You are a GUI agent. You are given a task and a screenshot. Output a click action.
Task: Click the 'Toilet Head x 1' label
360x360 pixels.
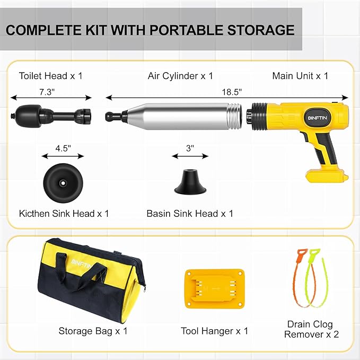pos(51,76)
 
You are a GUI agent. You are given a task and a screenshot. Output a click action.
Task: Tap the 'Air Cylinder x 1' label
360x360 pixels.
pos(180,76)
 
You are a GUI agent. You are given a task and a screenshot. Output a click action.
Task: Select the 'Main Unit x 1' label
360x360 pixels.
pos(300,76)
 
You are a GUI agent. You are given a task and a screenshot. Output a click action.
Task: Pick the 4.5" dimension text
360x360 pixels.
pos(63,148)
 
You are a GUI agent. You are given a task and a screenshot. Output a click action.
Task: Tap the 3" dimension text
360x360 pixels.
pos(190,148)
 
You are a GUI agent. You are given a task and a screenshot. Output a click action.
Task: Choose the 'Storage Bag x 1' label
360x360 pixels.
pos(93,331)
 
